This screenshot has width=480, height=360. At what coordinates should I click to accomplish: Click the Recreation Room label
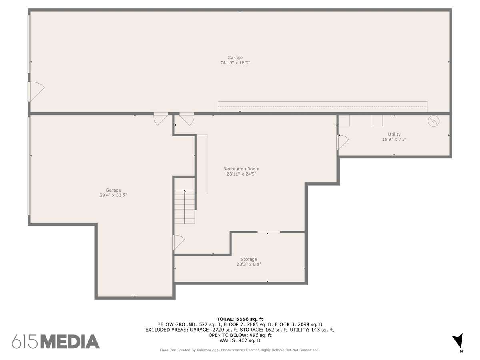tap(241, 169)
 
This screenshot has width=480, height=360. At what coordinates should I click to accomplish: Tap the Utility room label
tap(394, 134)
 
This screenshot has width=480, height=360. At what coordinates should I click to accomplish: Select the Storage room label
tap(249, 259)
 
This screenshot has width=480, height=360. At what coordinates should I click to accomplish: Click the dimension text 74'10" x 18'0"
tap(235, 63)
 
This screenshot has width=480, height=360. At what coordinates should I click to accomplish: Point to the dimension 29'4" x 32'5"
tap(113, 195)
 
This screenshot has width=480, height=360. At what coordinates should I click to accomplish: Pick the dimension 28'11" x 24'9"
tap(241, 174)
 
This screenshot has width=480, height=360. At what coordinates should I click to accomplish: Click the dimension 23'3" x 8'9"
tap(249, 264)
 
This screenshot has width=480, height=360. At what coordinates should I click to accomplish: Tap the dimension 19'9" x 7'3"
tap(394, 139)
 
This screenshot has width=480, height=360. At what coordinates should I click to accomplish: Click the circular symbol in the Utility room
tap(434, 121)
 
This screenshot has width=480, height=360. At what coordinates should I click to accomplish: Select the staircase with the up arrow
tap(184, 206)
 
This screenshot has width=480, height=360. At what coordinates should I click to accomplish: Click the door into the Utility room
tap(343, 142)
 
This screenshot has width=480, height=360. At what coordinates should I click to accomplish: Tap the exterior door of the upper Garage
tap(36, 91)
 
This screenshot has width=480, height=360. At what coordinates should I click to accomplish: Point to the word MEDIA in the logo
tap(70, 342)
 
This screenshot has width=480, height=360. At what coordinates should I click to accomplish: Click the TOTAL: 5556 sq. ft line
tap(240, 319)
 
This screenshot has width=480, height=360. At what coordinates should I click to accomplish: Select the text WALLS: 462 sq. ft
tap(240, 340)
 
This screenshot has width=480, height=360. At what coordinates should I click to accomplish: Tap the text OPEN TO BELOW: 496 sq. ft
tap(240, 335)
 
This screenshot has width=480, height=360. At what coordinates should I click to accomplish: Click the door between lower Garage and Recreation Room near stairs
tap(179, 242)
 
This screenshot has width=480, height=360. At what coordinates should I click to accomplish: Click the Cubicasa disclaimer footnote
tap(240, 350)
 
